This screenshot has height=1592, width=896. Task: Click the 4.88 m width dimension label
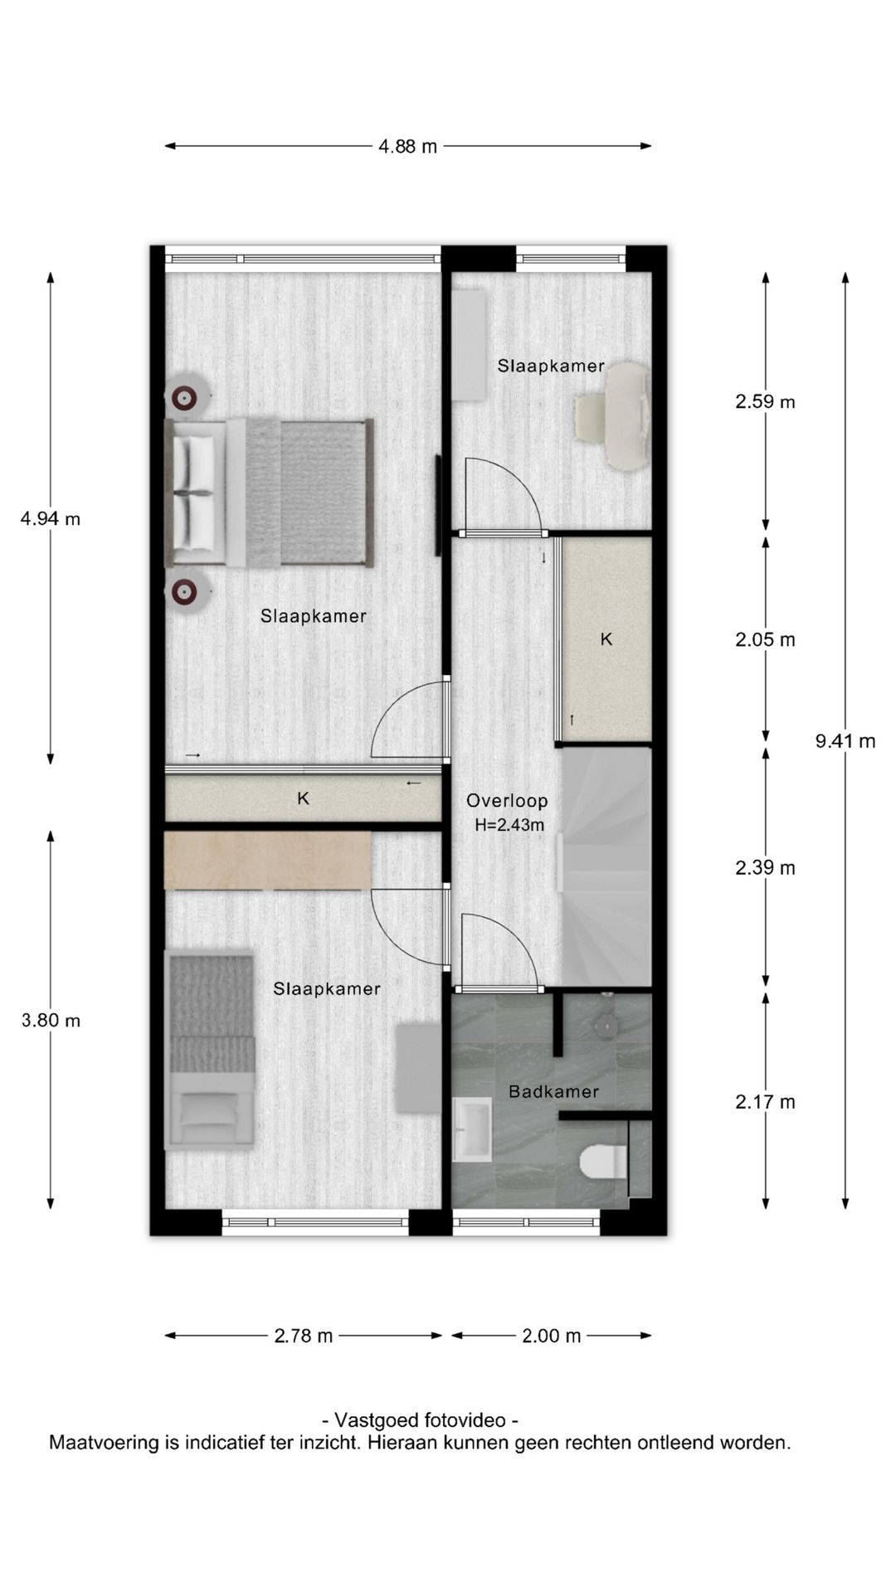tap(407, 147)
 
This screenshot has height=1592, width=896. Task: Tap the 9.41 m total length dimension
tap(845, 741)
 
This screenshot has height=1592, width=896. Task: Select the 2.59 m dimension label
tap(765, 402)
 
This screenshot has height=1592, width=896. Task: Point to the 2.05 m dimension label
tap(765, 640)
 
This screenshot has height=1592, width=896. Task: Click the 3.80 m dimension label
tap(51, 1021)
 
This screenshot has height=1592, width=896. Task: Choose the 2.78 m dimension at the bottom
tap(304, 1336)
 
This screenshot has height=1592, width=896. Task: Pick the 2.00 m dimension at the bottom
tap(552, 1336)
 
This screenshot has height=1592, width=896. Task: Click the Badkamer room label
tap(553, 1092)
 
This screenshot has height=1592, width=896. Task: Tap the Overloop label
tap(507, 801)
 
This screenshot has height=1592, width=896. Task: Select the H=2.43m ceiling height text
tap(509, 825)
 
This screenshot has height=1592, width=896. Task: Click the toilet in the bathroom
tap(603, 1162)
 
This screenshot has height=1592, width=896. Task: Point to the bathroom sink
tap(473, 1129)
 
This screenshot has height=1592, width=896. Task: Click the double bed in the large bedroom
tap(270, 493)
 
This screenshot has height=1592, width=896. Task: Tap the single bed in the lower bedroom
tap(210, 1050)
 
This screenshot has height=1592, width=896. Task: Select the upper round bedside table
tap(185, 399)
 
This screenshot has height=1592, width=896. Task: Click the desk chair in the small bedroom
tap(592, 417)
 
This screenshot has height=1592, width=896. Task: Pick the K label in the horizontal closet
tap(304, 798)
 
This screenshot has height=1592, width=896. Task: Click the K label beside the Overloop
tap(606, 639)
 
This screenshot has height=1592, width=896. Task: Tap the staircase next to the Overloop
tap(606, 867)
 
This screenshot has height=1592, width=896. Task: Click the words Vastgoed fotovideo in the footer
tap(421, 1420)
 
